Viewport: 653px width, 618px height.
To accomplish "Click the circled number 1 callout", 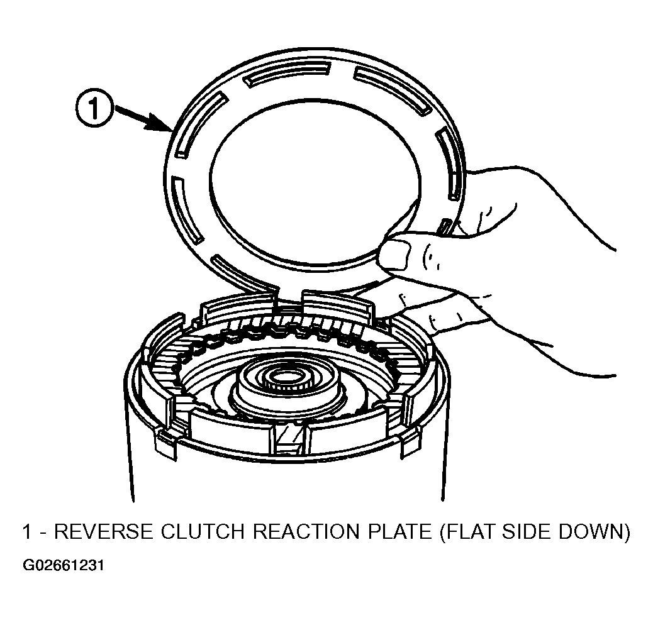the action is click(x=94, y=109).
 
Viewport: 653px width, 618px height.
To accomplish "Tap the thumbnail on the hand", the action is click(x=394, y=255).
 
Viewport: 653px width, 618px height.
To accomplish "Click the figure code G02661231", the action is click(x=63, y=566).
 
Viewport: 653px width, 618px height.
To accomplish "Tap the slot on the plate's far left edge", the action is click(x=186, y=209).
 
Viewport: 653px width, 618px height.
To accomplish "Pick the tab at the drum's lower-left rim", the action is click(x=165, y=444).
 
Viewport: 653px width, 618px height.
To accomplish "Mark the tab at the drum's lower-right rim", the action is click(x=410, y=444).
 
